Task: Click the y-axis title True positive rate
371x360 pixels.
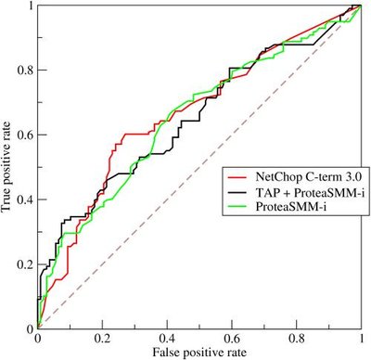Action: click(x=8, y=167)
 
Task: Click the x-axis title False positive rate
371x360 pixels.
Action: click(x=198, y=353)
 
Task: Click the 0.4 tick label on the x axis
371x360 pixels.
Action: click(x=166, y=339)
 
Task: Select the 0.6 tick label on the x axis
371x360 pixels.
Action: click(x=231, y=339)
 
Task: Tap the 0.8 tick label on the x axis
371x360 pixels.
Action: click(x=296, y=339)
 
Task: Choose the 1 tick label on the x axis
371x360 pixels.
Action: click(x=360, y=339)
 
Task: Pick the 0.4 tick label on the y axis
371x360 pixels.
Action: click(x=23, y=199)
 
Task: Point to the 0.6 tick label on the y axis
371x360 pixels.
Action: click(x=23, y=135)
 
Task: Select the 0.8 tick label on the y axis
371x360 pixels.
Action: click(x=23, y=71)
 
